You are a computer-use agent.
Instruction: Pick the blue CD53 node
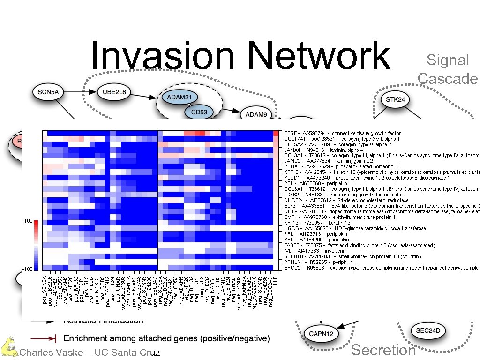[x=199, y=112]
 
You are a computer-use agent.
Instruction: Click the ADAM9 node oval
[x=256, y=114]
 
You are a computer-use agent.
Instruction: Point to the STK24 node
[x=395, y=99]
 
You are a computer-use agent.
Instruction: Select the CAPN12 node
[x=321, y=333]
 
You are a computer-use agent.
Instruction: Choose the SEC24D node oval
[x=428, y=330]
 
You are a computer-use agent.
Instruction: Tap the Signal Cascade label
[x=448, y=69]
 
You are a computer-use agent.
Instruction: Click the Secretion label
[x=383, y=350]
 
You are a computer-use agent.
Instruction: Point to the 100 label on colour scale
[x=27, y=221]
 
